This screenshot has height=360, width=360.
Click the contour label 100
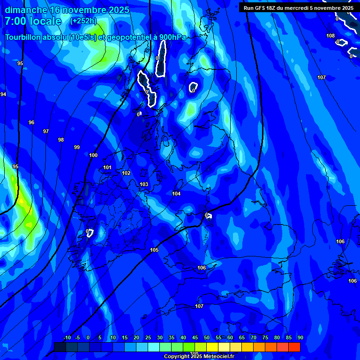pyautogui.click(x=93, y=155)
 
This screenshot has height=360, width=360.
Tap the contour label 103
pyautogui.click(x=144, y=184)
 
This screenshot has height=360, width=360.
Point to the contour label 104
pyautogui.click(x=176, y=194)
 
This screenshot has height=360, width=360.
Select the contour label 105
pyautogui.click(x=154, y=250)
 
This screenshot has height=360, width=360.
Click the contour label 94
pyautogui.click(x=3, y=94)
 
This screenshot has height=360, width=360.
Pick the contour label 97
pyautogui.click(x=46, y=131)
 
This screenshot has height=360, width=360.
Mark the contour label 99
pyautogui.click(x=77, y=147)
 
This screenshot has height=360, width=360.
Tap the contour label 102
pyautogui.click(x=126, y=173)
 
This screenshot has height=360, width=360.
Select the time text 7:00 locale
pyautogui.click(x=33, y=21)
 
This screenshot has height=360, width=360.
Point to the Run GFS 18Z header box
pyautogui.click(x=299, y=7)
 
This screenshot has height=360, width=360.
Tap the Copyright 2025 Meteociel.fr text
pyautogui.click(x=199, y=356)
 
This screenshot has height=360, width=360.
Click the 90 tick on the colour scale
pyautogui.click(x=300, y=337)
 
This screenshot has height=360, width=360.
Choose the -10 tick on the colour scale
pyautogui.click(x=67, y=337)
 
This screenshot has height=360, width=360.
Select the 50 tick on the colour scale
pyautogui.click(x=206, y=337)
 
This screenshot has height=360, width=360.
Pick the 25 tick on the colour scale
pyautogui.click(x=148, y=337)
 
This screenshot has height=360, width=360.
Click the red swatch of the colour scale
pyautogui.click(x=294, y=347)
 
